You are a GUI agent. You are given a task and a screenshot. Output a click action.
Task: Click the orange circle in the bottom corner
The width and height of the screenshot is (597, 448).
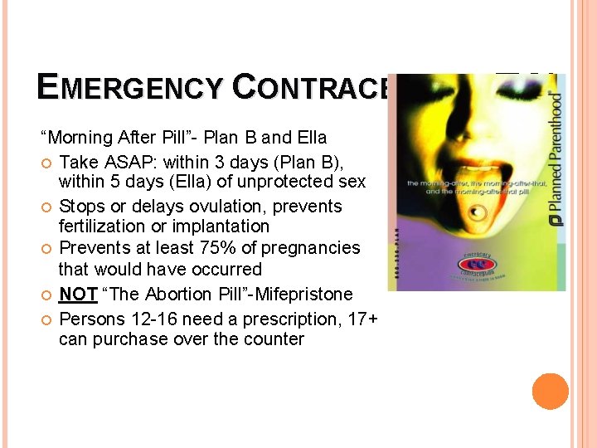pos(551,392)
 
